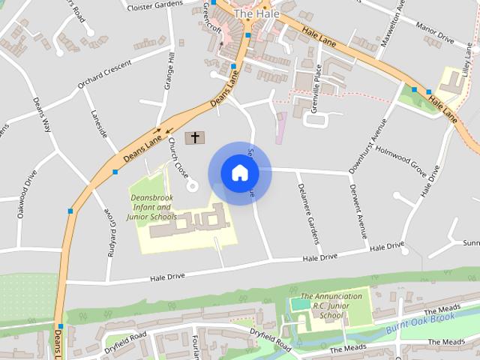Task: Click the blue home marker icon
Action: point(239,173)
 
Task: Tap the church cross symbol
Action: point(195,137)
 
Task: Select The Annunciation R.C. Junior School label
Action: point(331,306)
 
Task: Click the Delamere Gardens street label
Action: point(308,213)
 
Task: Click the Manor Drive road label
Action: point(436,36)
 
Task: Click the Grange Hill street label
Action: point(170,69)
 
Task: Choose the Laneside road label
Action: point(99,123)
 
